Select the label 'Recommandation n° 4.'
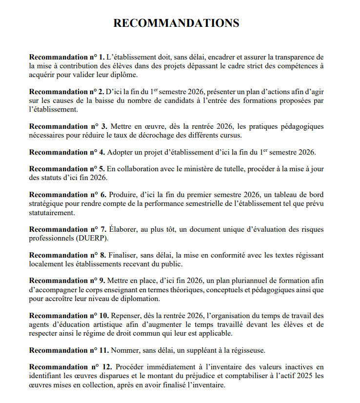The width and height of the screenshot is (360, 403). coord(67,152)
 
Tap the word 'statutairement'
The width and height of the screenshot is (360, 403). coord(52,213)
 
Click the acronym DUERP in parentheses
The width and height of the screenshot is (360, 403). coord(90,238)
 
